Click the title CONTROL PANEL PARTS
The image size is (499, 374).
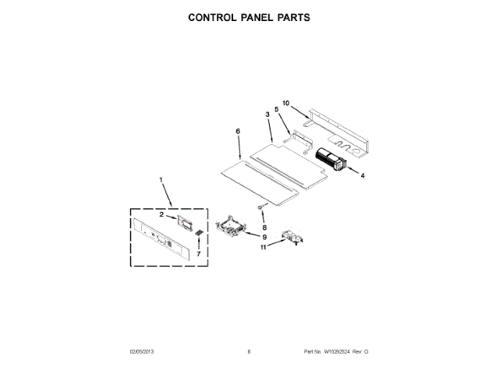[249, 16]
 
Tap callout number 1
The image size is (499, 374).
[161, 182]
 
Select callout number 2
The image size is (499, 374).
[162, 213]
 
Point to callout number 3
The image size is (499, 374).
[267, 115]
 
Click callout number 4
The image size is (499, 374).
[362, 176]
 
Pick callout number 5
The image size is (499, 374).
[276, 110]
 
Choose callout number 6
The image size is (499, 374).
[238, 132]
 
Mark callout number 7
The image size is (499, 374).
[198, 253]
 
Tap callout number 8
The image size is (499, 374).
[264, 228]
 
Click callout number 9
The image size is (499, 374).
[264, 237]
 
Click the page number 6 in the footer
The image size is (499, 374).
[249, 352]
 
